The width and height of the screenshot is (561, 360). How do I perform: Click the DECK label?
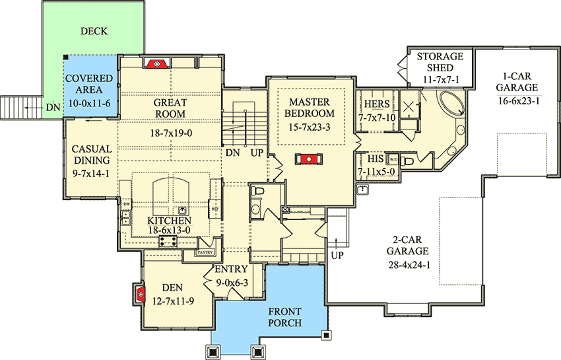coord(94,31)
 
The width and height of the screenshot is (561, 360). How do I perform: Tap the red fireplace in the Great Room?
coord(156,63)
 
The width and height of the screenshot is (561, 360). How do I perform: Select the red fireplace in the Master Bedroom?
coord(308,159)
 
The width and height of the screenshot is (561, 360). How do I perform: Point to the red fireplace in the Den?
coord(140,293)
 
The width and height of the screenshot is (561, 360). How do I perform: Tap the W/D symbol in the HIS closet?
coord(393,159)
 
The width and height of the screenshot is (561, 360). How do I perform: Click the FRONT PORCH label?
coord(284,317)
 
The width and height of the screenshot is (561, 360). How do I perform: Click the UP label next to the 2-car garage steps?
coord(337,254)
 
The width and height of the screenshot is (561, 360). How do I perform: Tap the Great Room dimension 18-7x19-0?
coord(170,133)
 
